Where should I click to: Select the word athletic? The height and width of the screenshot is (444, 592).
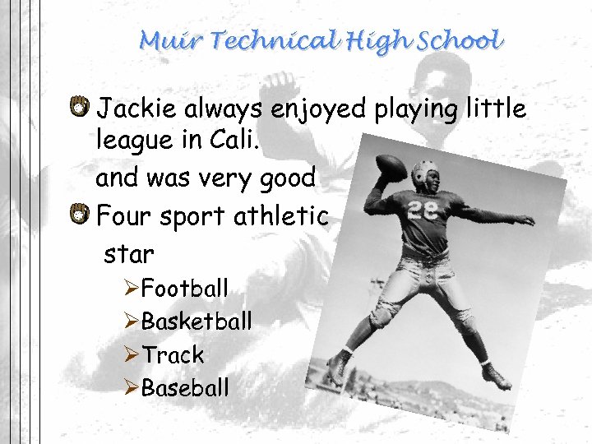coord(282,217)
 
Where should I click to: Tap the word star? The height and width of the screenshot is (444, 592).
coord(129,254)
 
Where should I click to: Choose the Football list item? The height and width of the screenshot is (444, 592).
coord(184,289)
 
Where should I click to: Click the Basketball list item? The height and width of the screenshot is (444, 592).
coord(197,321)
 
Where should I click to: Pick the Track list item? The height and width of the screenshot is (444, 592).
coord(173,355)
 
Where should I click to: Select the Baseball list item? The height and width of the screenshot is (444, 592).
coord(185,387)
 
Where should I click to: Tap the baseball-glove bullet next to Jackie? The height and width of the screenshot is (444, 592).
coord(80,107)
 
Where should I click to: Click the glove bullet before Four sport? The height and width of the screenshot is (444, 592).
coord(80,216)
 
